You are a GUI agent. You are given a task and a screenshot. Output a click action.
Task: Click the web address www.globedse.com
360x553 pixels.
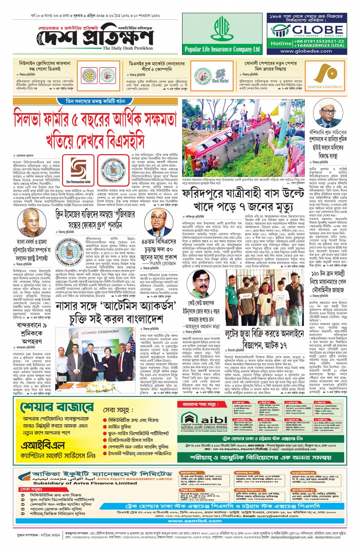click(306, 51)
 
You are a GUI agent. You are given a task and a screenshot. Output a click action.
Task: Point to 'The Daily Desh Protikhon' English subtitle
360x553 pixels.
click(128, 48)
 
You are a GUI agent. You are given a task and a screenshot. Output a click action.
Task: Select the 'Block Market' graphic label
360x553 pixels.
click(220, 80)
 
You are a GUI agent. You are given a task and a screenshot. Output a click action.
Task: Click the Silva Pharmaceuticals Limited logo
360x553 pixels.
click(78, 171)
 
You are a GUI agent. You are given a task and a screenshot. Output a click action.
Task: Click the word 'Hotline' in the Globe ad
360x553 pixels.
click(281, 43)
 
